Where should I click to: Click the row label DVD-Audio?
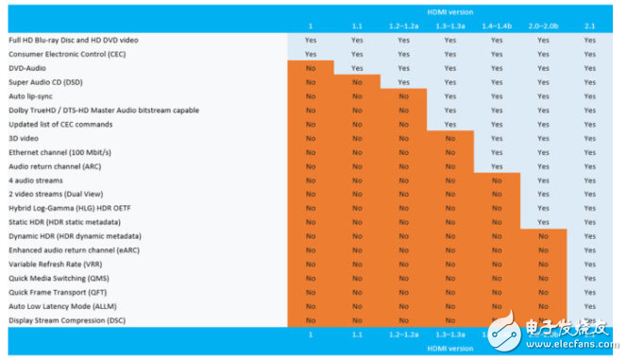pyautogui.click(x=27, y=68)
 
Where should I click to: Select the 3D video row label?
pyautogui.click(x=25, y=138)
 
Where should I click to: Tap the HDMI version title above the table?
pyautogui.click(x=449, y=11)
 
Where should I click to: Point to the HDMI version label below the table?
pyautogui.click(x=449, y=348)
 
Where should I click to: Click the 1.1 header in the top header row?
pyautogui.click(x=357, y=25)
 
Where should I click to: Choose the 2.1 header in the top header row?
pyautogui.click(x=589, y=25)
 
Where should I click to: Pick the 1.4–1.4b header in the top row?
pyautogui.click(x=497, y=25)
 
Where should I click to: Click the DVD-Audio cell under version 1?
pyautogui.click(x=311, y=68)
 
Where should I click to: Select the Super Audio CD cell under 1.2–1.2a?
pyautogui.click(x=403, y=82)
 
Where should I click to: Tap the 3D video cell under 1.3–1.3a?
pyautogui.click(x=449, y=138)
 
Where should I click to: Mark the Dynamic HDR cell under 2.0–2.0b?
pyautogui.click(x=543, y=236)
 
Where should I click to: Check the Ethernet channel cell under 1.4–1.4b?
pyautogui.click(x=497, y=152)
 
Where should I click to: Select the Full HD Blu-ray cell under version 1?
pyautogui.click(x=311, y=41)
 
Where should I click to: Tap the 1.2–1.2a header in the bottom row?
pyautogui.click(x=403, y=334)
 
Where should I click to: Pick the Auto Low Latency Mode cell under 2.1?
pyautogui.click(x=589, y=306)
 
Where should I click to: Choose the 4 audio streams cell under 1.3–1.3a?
pyautogui.click(x=449, y=180)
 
